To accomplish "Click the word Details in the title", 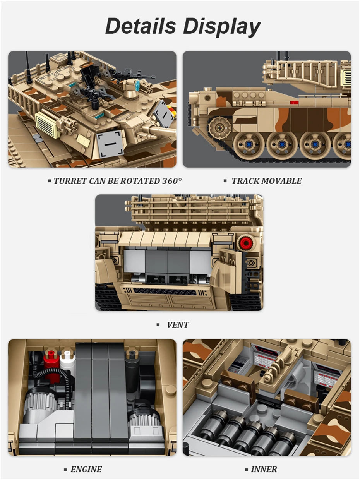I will click(141, 26).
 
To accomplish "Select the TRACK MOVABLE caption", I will click(266, 181).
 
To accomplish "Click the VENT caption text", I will click(178, 325).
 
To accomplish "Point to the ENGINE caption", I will click(86, 469).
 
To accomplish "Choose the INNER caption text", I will click(264, 469).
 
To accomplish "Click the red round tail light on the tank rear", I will click(245, 243).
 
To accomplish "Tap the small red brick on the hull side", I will click(294, 103).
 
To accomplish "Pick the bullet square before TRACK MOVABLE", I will click(225, 181).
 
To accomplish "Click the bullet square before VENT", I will click(158, 325).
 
